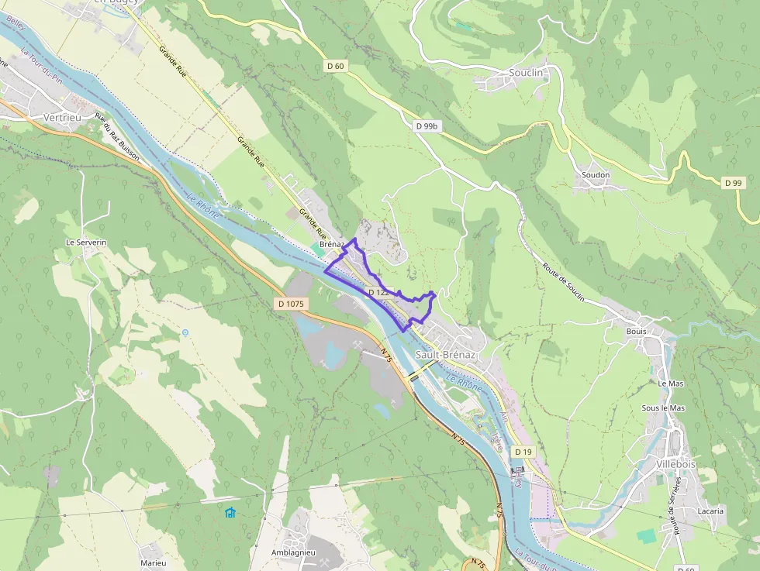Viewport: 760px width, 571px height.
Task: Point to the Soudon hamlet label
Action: pos(596,175)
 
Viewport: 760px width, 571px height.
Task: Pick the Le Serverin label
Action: pos(86,243)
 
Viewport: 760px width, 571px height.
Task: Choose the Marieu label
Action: pos(153,562)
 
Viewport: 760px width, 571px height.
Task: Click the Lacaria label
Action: pos(710,511)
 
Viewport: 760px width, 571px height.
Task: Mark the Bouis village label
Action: pos(636,331)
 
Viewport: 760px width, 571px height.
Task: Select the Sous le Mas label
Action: pos(663,408)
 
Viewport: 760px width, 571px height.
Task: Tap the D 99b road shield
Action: pos(427,126)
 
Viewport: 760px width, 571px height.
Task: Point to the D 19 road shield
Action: pos(524,452)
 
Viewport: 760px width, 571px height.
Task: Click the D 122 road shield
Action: pos(378,292)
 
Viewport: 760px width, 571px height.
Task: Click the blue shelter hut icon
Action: pos(230,513)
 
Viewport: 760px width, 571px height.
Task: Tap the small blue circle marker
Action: pos(185,332)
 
